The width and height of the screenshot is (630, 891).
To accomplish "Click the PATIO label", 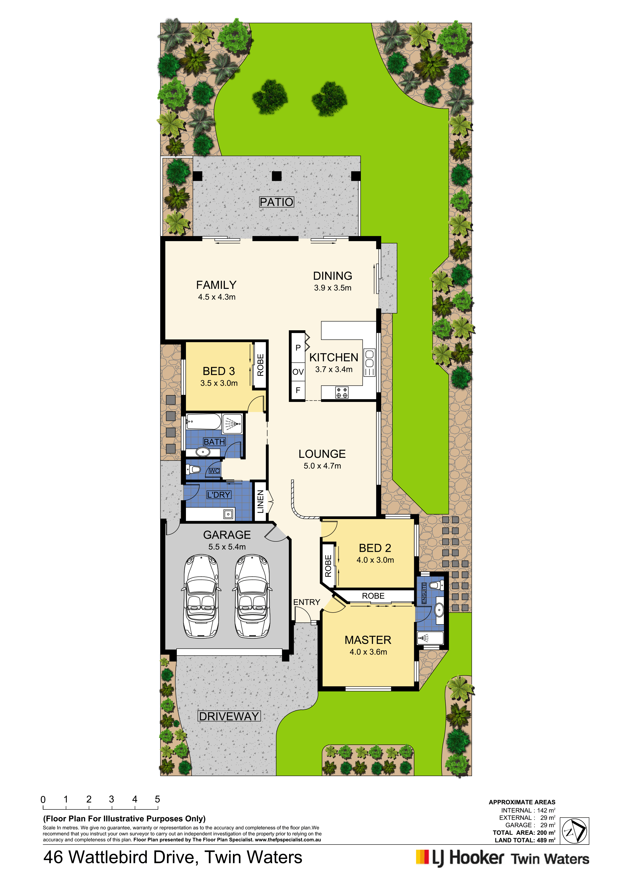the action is click(276, 202).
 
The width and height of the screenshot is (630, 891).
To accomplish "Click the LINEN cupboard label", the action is click(260, 501).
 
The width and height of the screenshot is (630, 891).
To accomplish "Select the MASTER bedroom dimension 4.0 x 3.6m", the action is click(368, 652).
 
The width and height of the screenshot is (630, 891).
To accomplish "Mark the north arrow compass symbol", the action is click(575, 831).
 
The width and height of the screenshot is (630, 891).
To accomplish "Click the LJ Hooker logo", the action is click(502, 859).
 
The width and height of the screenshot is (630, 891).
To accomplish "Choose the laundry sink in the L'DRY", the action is click(228, 514).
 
